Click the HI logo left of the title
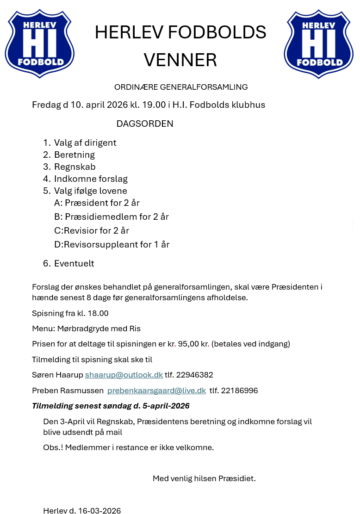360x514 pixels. pyautogui.click(x=40, y=43)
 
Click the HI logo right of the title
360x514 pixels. pyautogui.click(x=319, y=43)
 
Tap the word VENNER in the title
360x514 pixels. pyautogui.click(x=180, y=60)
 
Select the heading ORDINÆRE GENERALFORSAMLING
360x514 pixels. pyautogui.click(x=181, y=87)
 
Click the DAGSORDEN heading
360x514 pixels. pyautogui.click(x=145, y=124)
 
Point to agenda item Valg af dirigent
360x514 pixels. pyautogui.click(x=85, y=142)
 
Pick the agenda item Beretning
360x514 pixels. pyautogui.click(x=74, y=155)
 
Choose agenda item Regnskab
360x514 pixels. pyautogui.click(x=75, y=167)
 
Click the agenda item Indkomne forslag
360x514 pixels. pyautogui.click(x=91, y=179)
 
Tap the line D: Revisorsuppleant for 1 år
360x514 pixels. pyautogui.click(x=112, y=244)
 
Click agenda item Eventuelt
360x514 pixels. pyautogui.click(x=74, y=263)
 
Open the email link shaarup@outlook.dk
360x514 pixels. pyautogui.click(x=124, y=375)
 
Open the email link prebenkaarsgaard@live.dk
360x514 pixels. pyautogui.click(x=156, y=390)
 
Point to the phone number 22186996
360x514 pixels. pyautogui.click(x=239, y=390)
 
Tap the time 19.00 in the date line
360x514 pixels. pyautogui.click(x=154, y=105)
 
